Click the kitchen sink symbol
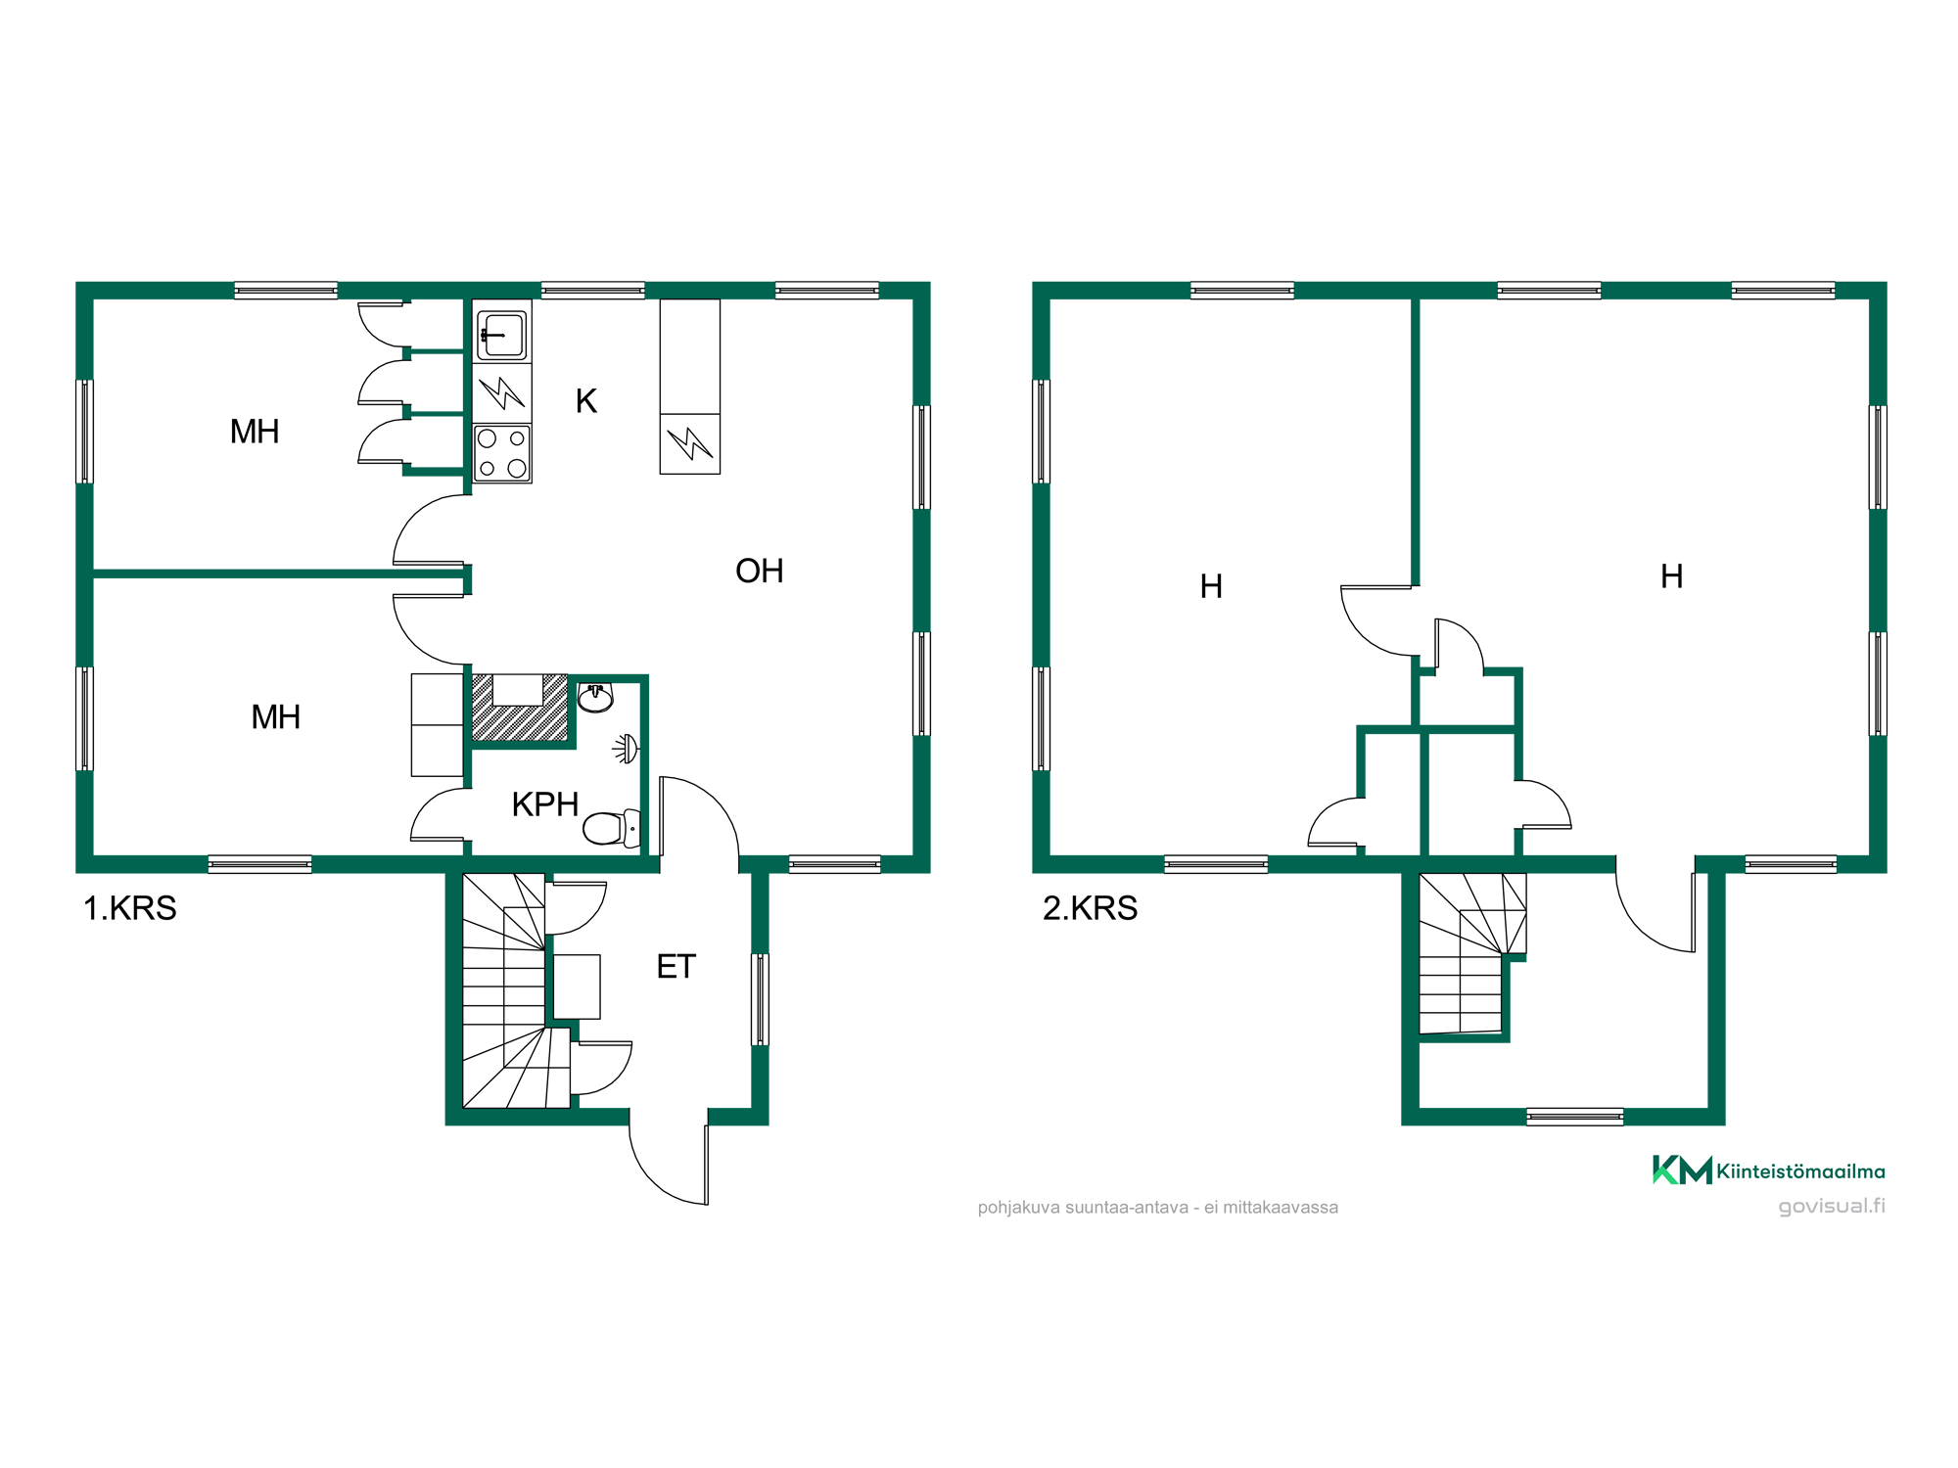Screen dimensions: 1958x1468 (x=502, y=333)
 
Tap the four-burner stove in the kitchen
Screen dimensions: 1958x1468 (x=502, y=453)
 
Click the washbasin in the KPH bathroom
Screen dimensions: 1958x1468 (x=595, y=697)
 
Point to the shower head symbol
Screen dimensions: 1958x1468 (x=627, y=749)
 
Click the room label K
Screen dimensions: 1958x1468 (x=586, y=401)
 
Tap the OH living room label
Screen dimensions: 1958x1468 (x=760, y=571)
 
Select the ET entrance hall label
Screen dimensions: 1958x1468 (x=676, y=967)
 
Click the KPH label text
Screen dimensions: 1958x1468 (x=545, y=804)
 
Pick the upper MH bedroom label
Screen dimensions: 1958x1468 (x=255, y=432)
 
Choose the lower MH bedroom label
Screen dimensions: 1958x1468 (x=276, y=717)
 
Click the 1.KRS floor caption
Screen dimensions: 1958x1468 (x=130, y=908)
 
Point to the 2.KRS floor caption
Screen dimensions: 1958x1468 (x=1091, y=908)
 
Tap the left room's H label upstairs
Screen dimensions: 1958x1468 (x=1211, y=586)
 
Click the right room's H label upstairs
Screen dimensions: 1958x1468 (x=1672, y=576)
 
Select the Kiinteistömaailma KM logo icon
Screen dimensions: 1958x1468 (x=1682, y=1170)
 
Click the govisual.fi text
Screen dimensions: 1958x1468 (x=1832, y=1206)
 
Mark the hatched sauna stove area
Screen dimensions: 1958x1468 (x=520, y=708)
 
